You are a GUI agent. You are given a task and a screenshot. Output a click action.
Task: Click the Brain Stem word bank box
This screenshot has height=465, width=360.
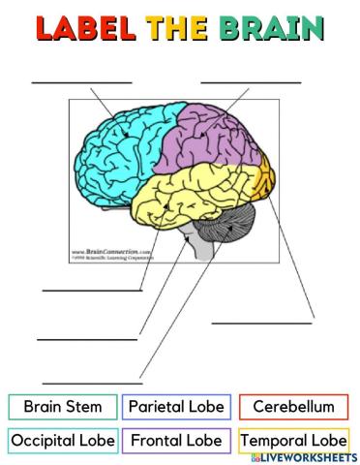tap(62, 407)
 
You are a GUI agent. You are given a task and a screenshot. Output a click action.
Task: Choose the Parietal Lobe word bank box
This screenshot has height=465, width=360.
tap(176, 407)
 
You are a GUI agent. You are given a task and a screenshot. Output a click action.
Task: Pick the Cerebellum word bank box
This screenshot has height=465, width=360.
tap(293, 407)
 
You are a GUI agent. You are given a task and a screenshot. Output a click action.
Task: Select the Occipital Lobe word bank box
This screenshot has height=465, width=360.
tap(62, 441)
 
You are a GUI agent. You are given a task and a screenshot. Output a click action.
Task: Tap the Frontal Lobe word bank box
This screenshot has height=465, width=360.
tap(176, 441)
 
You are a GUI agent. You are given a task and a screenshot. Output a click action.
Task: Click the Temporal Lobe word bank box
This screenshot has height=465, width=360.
tap(293, 441)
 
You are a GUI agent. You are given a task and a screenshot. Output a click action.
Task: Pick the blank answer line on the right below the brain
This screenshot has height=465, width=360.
tap(262, 322)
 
